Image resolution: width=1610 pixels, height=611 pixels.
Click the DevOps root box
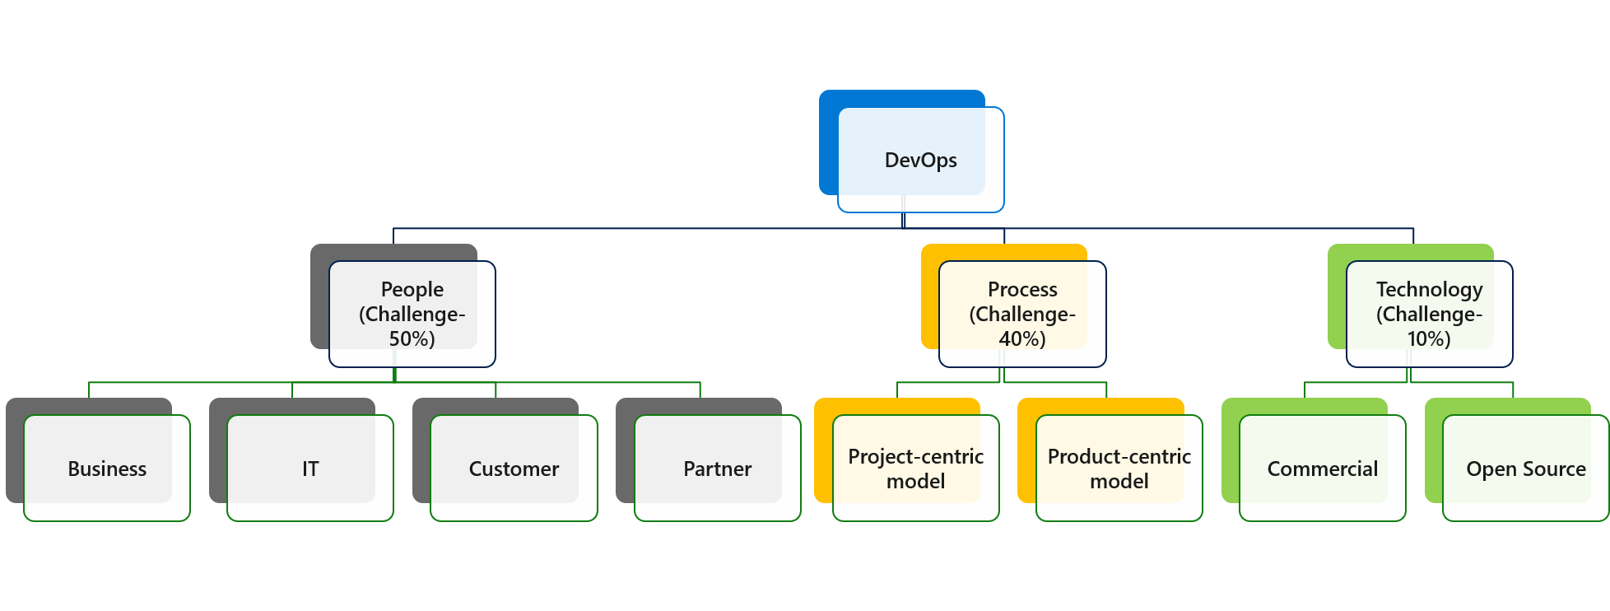click(x=920, y=160)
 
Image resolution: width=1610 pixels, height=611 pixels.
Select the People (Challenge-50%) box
click(x=412, y=314)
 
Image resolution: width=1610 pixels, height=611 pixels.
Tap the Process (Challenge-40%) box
click(x=1022, y=314)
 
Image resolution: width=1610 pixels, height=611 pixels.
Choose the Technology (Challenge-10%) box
click(x=1429, y=314)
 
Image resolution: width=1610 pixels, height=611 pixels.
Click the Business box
click(x=107, y=469)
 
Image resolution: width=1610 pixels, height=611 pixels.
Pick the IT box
click(x=310, y=469)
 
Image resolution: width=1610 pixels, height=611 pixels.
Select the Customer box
click(x=514, y=469)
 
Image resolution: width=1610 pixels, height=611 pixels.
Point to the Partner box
click(x=717, y=469)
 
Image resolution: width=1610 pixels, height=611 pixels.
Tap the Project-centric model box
click(x=916, y=469)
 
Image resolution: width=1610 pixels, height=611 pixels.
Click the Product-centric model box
click(x=1119, y=469)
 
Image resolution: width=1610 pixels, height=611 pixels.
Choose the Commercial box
click(x=1322, y=469)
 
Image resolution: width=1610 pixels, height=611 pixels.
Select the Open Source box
click(x=1525, y=469)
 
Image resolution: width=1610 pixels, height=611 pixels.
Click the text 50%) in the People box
click(x=412, y=338)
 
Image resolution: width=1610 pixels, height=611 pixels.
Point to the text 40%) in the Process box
click(x=1022, y=338)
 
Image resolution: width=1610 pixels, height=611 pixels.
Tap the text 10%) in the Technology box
click(x=1429, y=338)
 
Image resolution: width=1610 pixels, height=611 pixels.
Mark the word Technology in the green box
click(x=1429, y=289)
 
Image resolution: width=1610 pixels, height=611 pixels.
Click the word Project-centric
click(x=916, y=456)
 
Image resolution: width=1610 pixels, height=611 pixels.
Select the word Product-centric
click(x=1119, y=456)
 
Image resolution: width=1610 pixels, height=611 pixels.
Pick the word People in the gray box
click(x=412, y=289)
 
